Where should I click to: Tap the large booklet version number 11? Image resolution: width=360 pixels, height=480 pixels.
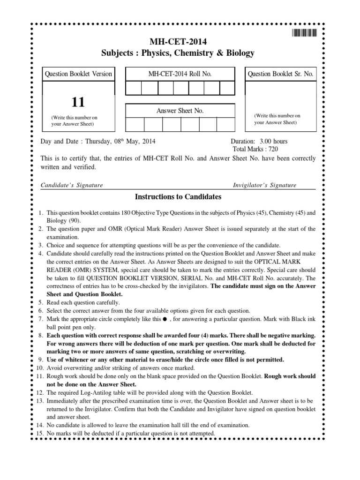tap(78, 102)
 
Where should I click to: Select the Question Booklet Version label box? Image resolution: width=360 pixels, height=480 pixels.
tap(78, 74)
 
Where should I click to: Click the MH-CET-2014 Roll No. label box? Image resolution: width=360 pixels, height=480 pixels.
tap(180, 74)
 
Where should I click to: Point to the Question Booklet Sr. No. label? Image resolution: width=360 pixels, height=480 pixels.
tap(280, 74)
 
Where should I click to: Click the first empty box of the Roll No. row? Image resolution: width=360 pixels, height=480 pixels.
tap(133, 88)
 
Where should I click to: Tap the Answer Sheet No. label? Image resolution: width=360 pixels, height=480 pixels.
tap(180, 111)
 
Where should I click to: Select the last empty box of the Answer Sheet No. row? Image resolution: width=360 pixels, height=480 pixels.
tap(225, 124)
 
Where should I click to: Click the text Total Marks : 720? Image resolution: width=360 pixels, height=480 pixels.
tap(255, 149)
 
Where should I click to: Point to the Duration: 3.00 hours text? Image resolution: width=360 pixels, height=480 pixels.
tap(259, 141)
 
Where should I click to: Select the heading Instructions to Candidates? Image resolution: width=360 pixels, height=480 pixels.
tap(178, 197)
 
